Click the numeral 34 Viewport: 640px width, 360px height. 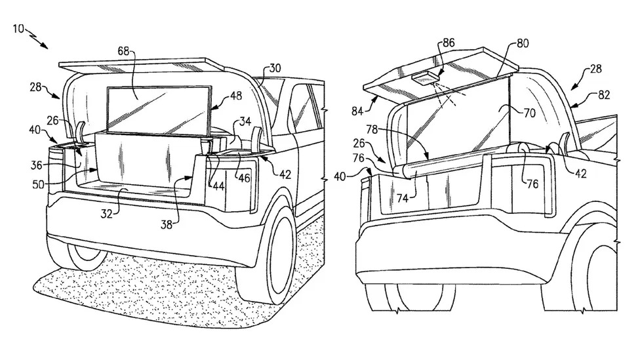click(226, 121)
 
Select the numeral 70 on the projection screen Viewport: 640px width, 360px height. click(529, 113)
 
